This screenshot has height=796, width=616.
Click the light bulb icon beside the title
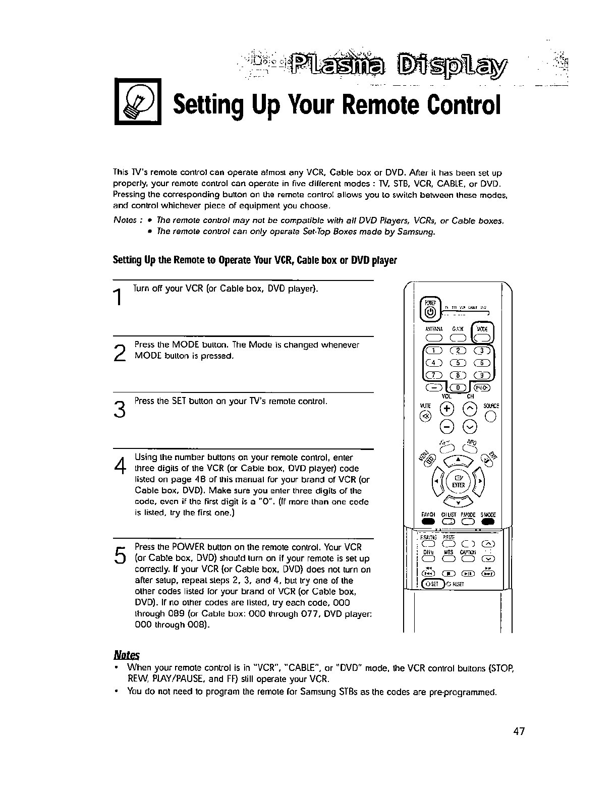(137, 101)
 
